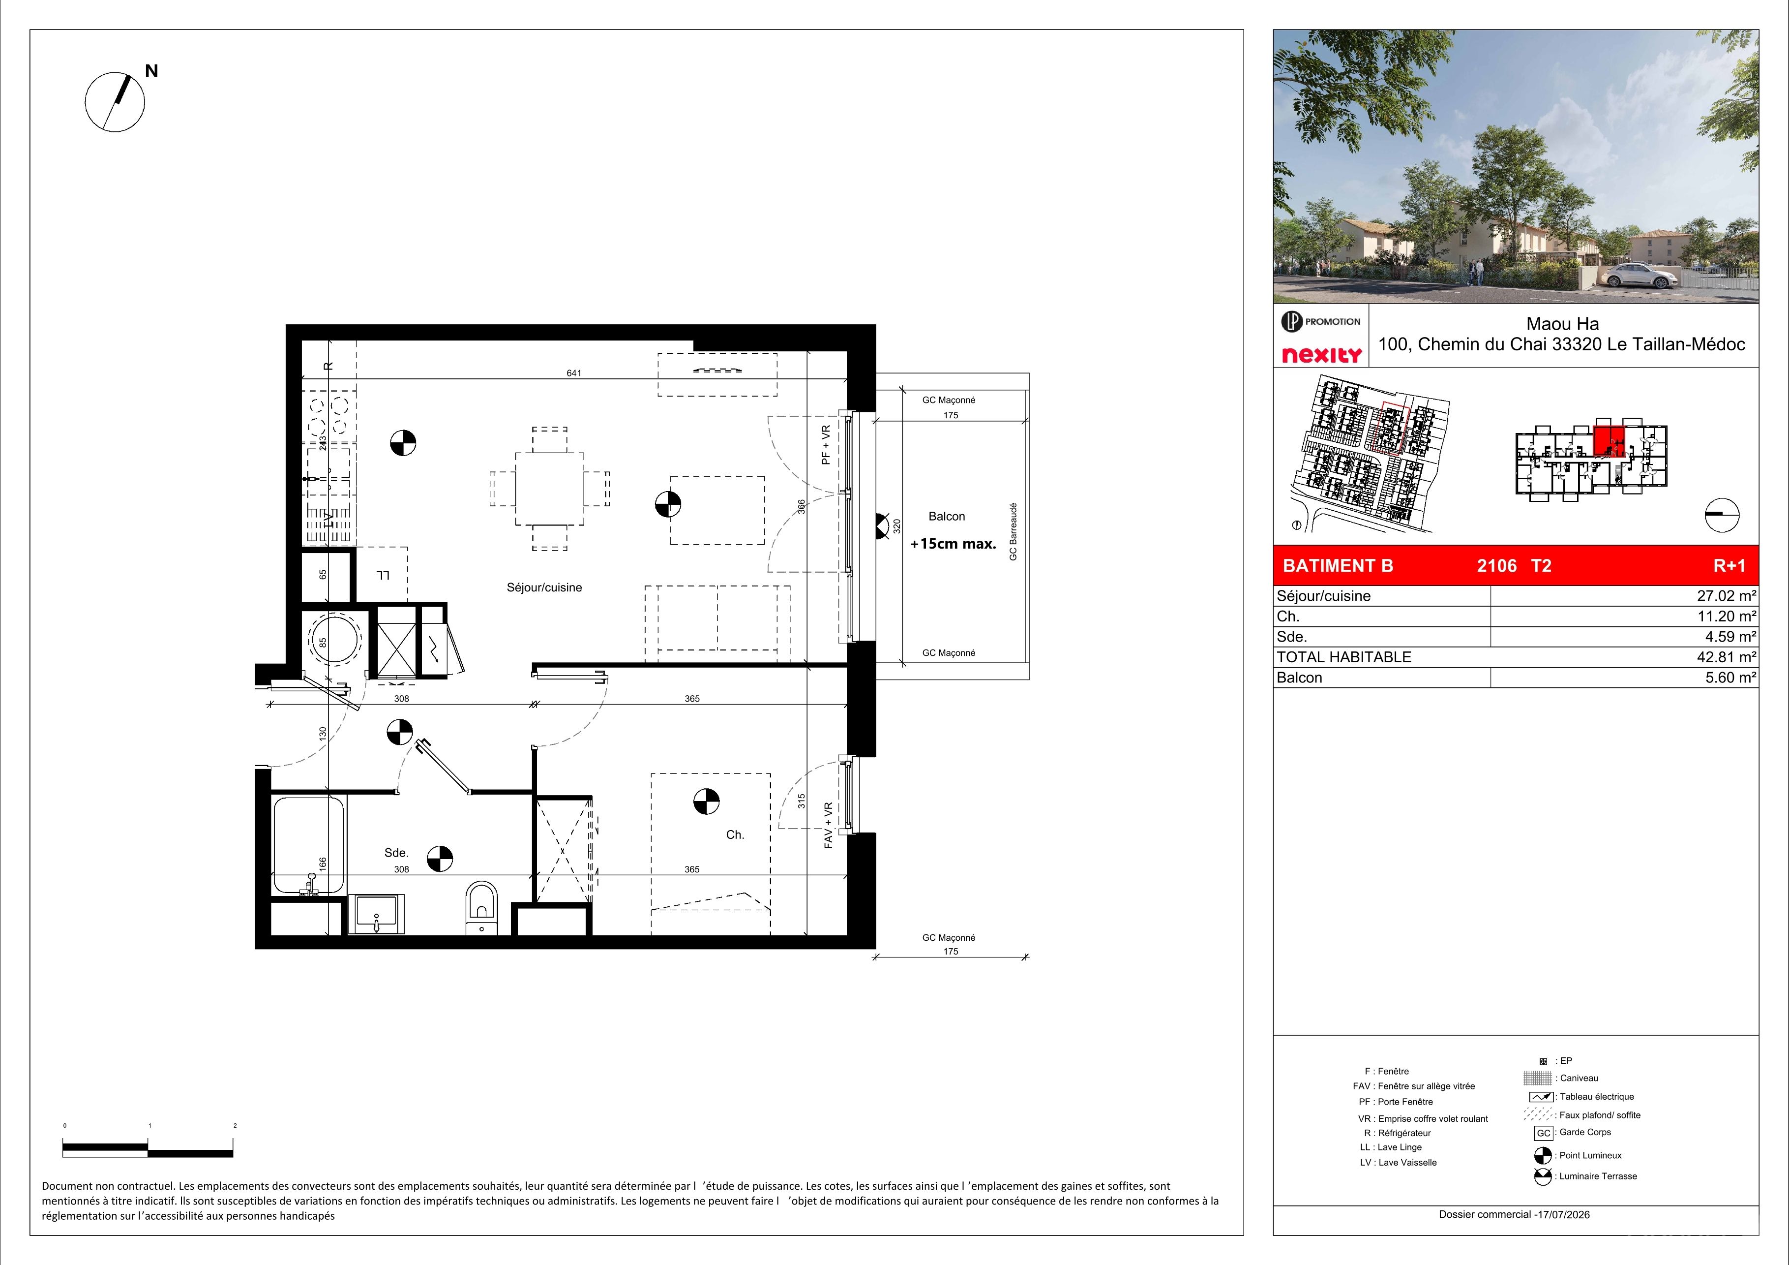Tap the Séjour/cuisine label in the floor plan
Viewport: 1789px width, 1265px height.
pos(544,587)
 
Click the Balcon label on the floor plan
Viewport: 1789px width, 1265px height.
pos(947,516)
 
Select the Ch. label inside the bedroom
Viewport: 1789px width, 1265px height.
pos(735,835)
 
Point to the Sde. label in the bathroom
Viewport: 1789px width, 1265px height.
pos(397,853)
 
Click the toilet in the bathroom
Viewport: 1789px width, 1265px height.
pos(481,907)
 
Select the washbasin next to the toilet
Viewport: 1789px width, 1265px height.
pos(376,914)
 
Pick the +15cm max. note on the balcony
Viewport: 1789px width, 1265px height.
pos(953,544)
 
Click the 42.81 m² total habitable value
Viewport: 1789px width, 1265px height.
pos(1727,657)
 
